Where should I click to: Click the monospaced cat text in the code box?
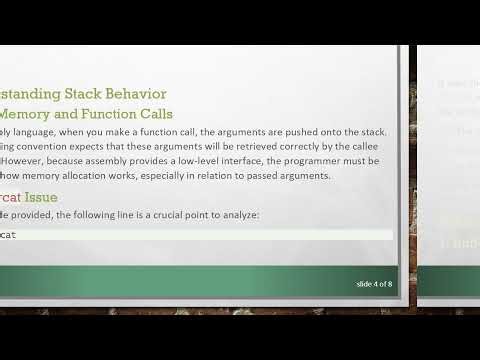point(8,234)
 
